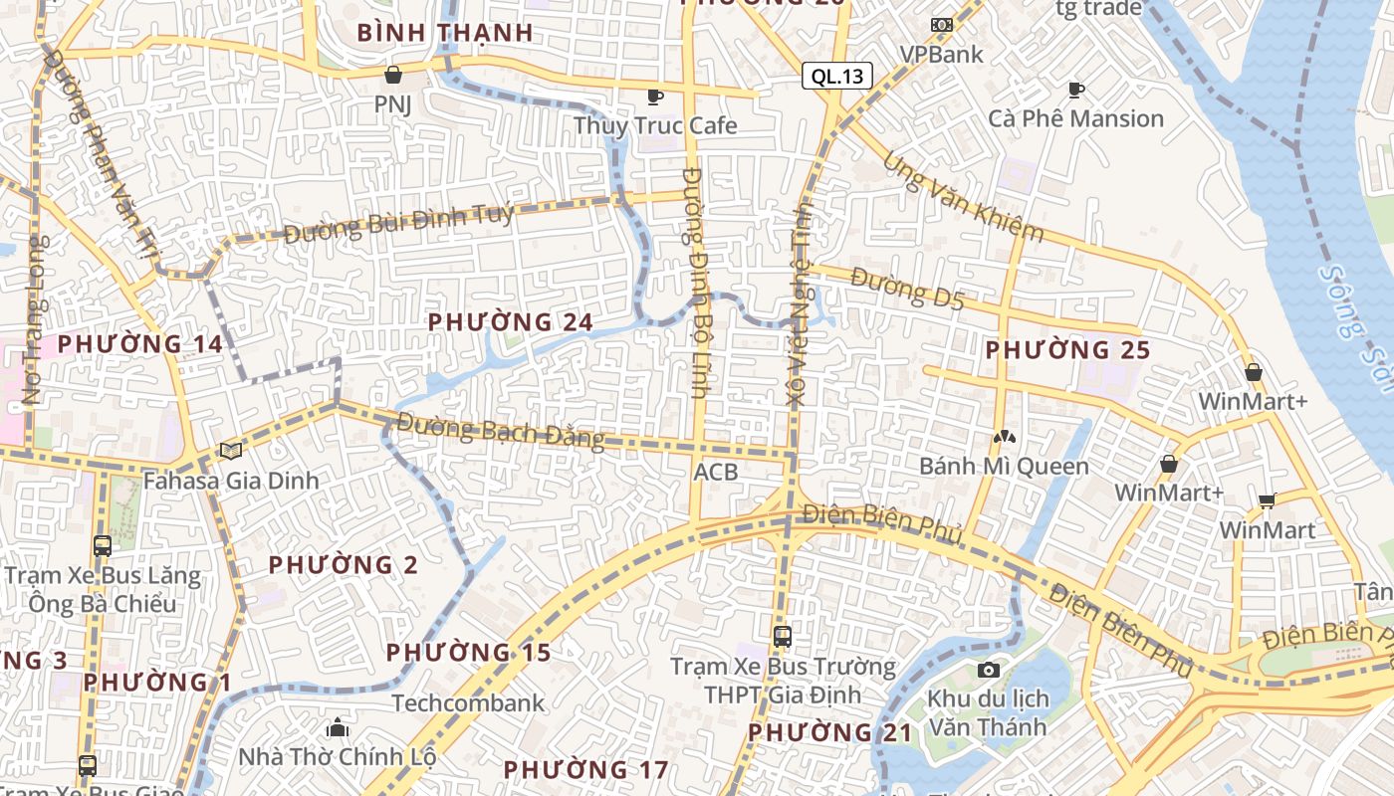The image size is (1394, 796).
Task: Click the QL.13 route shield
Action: click(x=836, y=76)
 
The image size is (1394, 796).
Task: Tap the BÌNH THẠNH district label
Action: click(x=445, y=33)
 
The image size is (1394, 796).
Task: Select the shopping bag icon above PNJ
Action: click(x=393, y=75)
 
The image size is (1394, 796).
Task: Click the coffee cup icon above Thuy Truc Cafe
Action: click(x=655, y=97)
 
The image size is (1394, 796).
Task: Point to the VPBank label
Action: click(x=941, y=54)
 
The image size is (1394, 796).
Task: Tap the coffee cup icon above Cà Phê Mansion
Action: click(x=1076, y=91)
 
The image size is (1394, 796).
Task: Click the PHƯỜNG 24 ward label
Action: click(x=510, y=322)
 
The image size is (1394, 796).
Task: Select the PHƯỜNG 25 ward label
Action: click(x=1067, y=350)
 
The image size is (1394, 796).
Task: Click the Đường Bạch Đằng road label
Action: click(x=500, y=430)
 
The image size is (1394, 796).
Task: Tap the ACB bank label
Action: click(x=716, y=472)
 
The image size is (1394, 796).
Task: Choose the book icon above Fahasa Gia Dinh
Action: click(x=231, y=452)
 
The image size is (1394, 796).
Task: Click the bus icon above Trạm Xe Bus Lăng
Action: click(x=103, y=545)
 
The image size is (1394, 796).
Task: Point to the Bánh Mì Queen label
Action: click(x=1004, y=466)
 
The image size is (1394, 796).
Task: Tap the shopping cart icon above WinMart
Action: click(x=1267, y=500)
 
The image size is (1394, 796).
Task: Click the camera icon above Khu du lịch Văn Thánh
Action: click(x=988, y=670)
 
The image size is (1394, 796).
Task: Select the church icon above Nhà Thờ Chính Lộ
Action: click(x=338, y=727)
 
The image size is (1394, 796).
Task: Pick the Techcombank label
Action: click(x=468, y=703)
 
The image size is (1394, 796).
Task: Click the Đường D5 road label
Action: click(x=907, y=291)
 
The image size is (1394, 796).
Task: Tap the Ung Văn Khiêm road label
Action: click(x=963, y=198)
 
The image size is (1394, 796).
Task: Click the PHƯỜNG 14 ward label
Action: click(x=139, y=344)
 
